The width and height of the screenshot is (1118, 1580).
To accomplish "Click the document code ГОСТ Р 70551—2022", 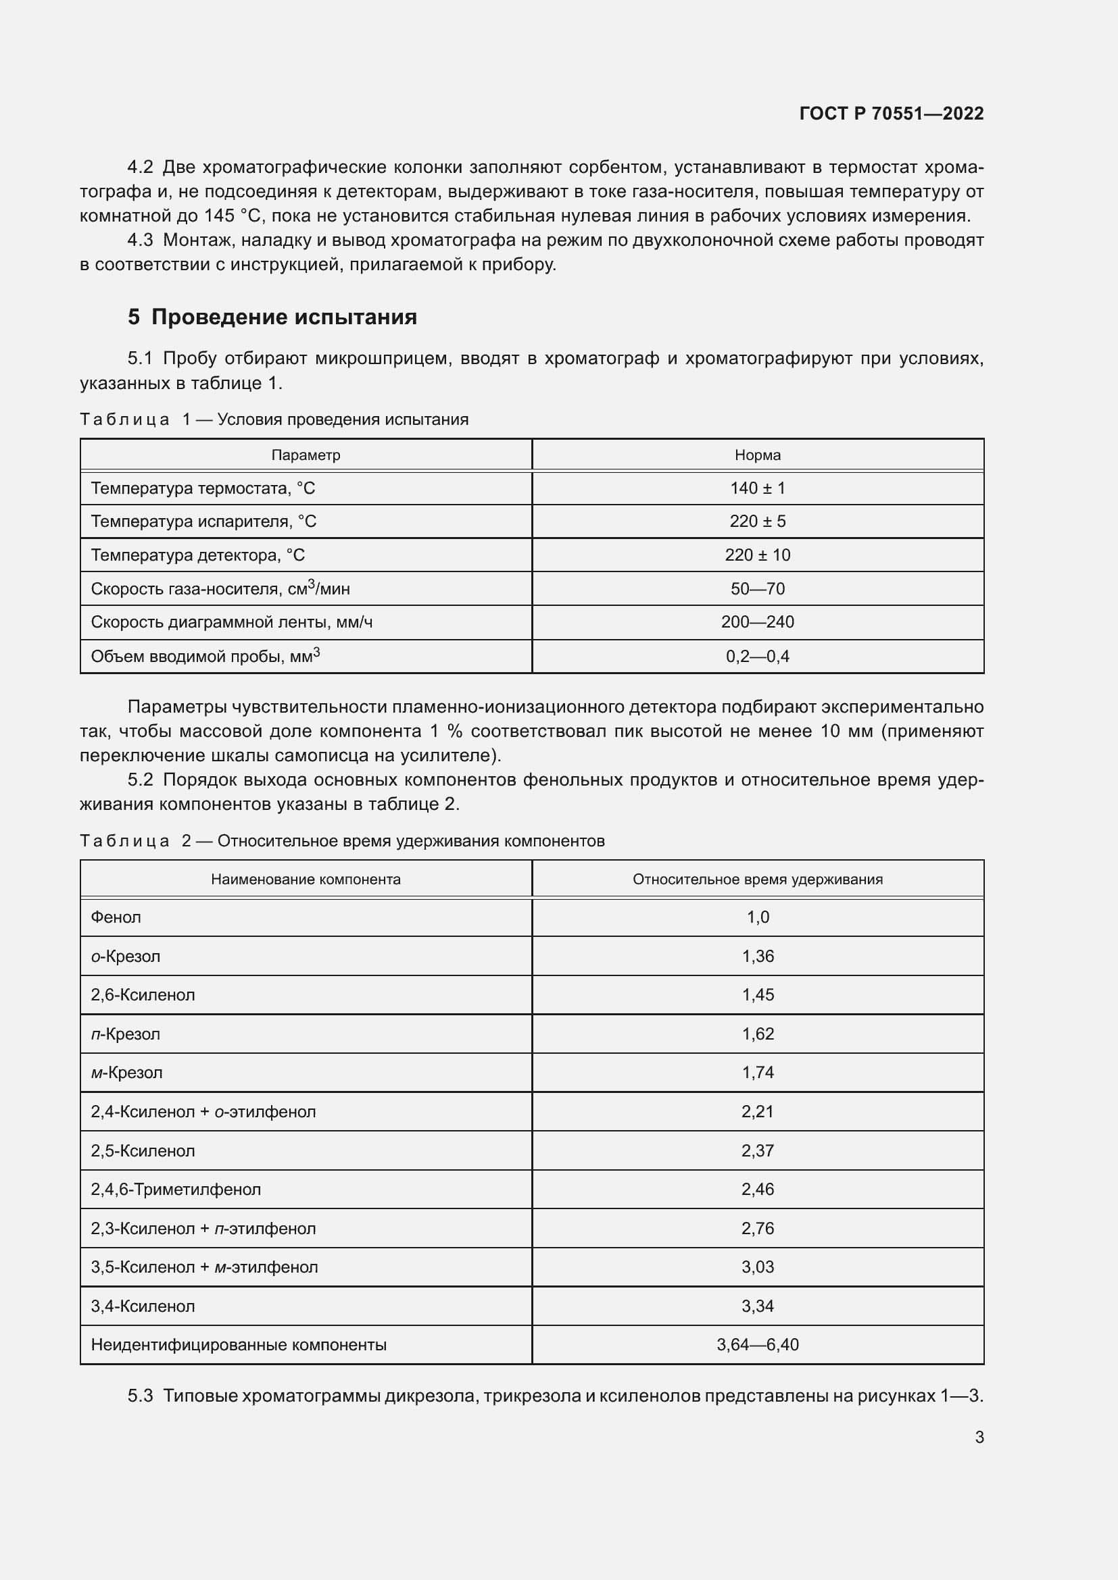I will click(x=891, y=113).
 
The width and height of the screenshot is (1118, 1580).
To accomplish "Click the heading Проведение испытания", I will click(x=284, y=317).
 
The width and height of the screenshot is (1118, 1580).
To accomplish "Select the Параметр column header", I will click(x=306, y=455).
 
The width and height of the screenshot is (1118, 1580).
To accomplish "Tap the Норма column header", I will click(x=757, y=455).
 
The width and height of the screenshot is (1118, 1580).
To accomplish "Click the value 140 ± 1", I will click(x=757, y=488).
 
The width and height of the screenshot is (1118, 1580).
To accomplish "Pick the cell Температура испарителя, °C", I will click(x=203, y=521).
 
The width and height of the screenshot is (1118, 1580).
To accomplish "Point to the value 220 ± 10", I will click(x=757, y=555).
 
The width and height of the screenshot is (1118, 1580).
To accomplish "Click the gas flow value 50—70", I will click(x=757, y=588).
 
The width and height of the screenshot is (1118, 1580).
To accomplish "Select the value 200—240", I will click(x=757, y=622).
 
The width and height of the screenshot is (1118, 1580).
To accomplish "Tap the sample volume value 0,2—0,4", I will click(x=757, y=656).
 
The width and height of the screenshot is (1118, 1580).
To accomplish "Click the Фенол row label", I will click(x=116, y=917).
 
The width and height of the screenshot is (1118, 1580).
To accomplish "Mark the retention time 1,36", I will click(x=757, y=956).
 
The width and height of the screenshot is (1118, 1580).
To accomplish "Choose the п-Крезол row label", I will click(x=125, y=1034).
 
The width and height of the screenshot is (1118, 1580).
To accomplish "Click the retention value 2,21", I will click(x=757, y=1111).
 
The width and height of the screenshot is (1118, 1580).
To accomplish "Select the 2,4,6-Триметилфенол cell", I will click(x=176, y=1189).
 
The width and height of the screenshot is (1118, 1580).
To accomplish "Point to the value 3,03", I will click(x=757, y=1267).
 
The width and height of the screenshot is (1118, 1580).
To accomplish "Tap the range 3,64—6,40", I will click(x=757, y=1345).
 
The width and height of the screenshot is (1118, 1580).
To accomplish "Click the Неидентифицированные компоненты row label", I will click(x=238, y=1345).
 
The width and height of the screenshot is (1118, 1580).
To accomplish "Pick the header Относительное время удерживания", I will click(x=757, y=879).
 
